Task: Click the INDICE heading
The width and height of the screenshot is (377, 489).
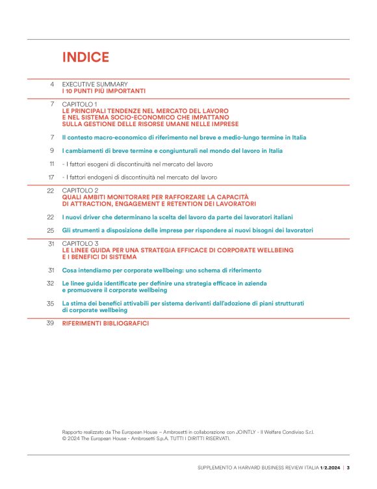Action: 85,57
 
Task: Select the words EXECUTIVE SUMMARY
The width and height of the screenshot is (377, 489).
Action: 95,85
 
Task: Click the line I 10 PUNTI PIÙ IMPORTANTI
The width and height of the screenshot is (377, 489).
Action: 104,92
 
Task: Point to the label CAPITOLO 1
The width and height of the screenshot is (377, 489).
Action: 79,104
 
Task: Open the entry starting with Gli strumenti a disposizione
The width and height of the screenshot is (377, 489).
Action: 188,230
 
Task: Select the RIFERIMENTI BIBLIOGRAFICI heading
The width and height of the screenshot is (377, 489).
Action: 105,323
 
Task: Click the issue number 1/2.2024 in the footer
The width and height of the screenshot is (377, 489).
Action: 331,468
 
